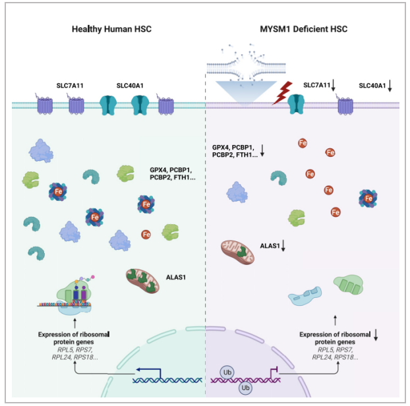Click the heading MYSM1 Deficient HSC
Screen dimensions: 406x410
(305, 30)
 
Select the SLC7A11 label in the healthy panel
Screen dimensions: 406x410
(73, 85)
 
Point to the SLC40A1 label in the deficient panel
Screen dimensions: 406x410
(373, 85)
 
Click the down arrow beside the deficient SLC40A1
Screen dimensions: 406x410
(390, 85)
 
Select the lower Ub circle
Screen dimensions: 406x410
(244, 388)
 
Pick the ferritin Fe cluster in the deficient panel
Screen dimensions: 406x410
(369, 197)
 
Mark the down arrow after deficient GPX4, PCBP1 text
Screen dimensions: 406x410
(262, 155)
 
